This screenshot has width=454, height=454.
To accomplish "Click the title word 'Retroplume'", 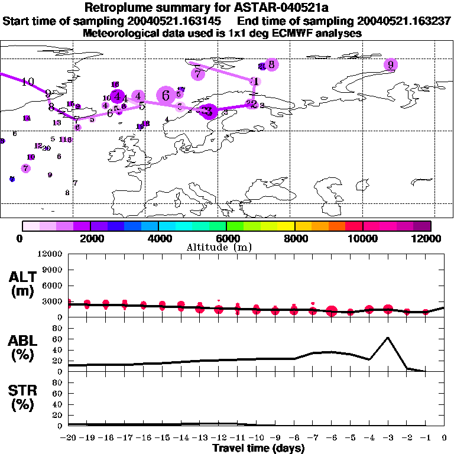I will [x=118, y=8].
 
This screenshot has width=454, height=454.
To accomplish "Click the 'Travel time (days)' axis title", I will [x=258, y=449].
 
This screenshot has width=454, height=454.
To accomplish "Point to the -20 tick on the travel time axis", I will [x=69, y=438].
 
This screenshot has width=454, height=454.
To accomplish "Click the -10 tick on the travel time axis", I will [x=256, y=438].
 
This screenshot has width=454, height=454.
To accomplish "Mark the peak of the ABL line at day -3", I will [x=388, y=338].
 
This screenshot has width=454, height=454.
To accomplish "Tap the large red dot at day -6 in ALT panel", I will [x=332, y=311].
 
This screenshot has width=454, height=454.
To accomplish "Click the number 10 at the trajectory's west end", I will [x=28, y=82].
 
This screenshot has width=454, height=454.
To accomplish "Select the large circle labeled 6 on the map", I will [x=166, y=95].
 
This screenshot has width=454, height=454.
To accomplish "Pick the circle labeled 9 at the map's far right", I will [x=390, y=65].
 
